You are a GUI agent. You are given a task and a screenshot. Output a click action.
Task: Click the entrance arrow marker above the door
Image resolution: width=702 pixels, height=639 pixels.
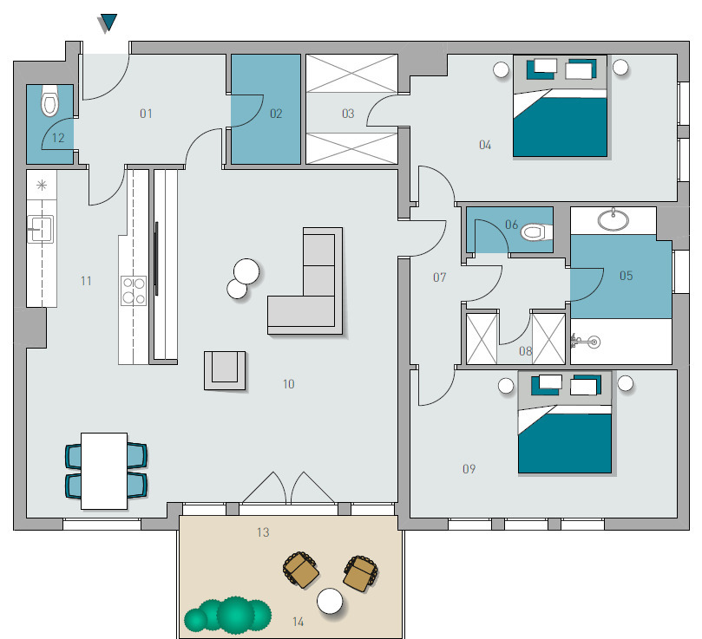coord(108,23)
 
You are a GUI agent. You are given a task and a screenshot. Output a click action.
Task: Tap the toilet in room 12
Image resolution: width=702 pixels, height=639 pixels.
coord(49,101)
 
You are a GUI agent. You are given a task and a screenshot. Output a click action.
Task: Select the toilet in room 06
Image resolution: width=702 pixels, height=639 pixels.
coord(536,232)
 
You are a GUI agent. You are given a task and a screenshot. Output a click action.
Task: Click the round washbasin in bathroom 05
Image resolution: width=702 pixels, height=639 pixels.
coord(613,219)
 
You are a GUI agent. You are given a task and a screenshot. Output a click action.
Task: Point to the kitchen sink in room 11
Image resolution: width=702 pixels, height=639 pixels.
coord(41,229)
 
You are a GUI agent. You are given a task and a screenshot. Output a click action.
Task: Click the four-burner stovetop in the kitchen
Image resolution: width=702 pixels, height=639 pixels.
coord(134,290)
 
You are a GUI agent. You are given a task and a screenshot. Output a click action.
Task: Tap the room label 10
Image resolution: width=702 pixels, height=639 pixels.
coord(289,384)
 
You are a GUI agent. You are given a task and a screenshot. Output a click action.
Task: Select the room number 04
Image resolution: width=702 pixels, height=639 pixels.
coord(485,145)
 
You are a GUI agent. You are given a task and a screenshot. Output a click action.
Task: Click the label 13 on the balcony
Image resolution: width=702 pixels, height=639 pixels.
coord(263,532)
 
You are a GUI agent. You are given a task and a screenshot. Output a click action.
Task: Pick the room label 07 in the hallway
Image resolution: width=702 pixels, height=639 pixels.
coord(440,277)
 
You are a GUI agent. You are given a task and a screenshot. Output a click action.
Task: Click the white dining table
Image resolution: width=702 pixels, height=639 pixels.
coord(104,471)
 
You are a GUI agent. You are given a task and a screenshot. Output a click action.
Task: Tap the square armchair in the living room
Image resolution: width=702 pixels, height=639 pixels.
coord(225,370)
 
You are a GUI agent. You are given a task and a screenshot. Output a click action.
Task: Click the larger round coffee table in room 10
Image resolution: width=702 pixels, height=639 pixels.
coord(246,271)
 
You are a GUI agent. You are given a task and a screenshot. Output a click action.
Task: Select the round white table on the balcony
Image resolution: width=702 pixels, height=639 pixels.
coord(330,601)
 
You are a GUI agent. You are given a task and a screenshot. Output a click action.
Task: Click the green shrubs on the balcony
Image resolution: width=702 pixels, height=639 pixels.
coord(227,616)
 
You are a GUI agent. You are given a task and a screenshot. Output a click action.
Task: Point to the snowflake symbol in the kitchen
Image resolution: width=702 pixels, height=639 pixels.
coord(42,185)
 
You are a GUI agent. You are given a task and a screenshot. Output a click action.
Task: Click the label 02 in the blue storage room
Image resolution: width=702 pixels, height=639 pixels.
coord(276,114)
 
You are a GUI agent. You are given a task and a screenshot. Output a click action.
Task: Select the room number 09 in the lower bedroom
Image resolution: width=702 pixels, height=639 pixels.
coord(469,468)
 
